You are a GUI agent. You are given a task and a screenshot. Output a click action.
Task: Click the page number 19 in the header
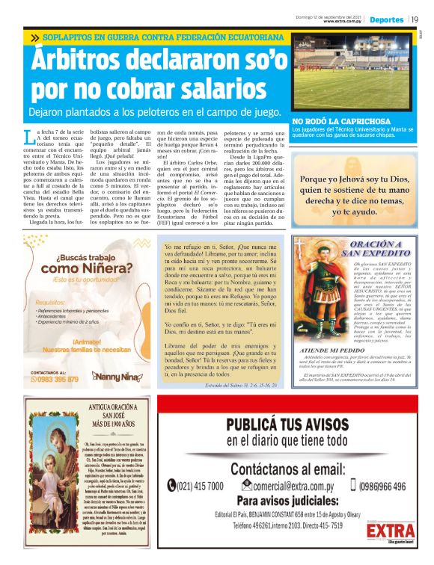(415, 20)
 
